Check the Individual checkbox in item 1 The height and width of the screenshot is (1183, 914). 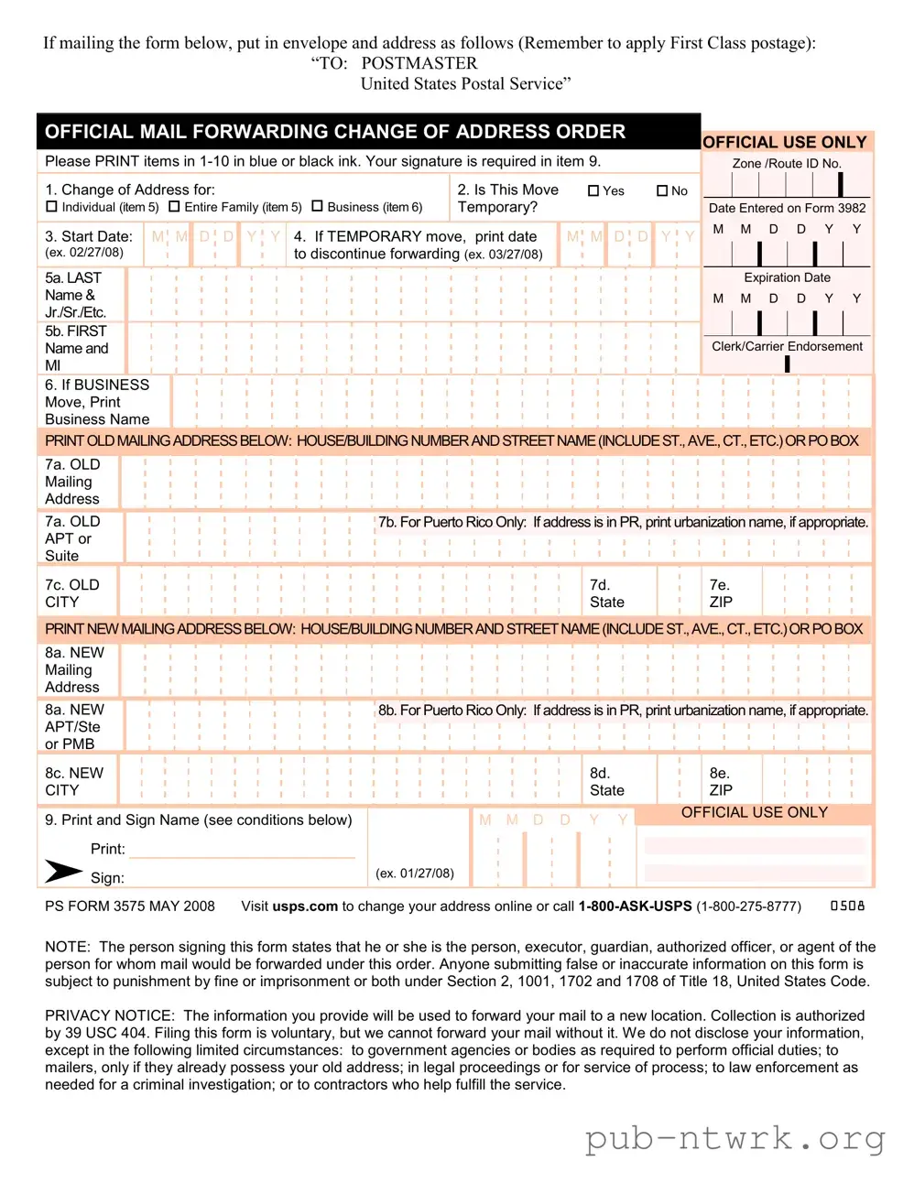point(51,207)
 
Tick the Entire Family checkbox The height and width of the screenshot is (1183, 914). point(174,207)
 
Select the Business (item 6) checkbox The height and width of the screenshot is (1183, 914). point(317,207)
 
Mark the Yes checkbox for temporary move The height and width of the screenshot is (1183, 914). point(593,190)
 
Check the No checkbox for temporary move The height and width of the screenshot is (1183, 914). point(662,190)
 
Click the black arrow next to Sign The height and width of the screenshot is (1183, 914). point(63,871)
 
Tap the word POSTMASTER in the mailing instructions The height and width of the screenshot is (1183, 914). point(419,63)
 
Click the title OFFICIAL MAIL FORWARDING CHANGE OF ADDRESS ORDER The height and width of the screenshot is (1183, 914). point(335,132)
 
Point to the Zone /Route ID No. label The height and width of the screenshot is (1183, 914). point(787,163)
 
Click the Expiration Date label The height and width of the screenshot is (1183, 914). point(787,277)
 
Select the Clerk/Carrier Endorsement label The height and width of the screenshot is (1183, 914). point(787,346)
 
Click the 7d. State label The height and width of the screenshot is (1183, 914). point(606,593)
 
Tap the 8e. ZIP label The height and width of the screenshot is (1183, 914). point(721,781)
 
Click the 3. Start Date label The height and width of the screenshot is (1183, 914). point(88,236)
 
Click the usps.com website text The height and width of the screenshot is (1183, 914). point(305,906)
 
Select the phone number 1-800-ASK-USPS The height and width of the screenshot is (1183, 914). point(635,906)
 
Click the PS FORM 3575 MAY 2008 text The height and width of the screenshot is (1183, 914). point(130,906)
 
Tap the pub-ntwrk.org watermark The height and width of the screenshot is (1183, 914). point(735,1138)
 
